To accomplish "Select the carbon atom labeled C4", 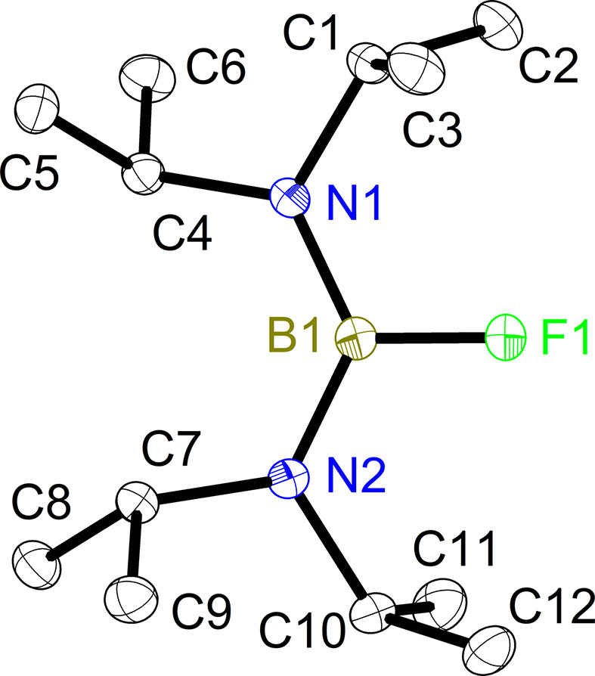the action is coord(143,175).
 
